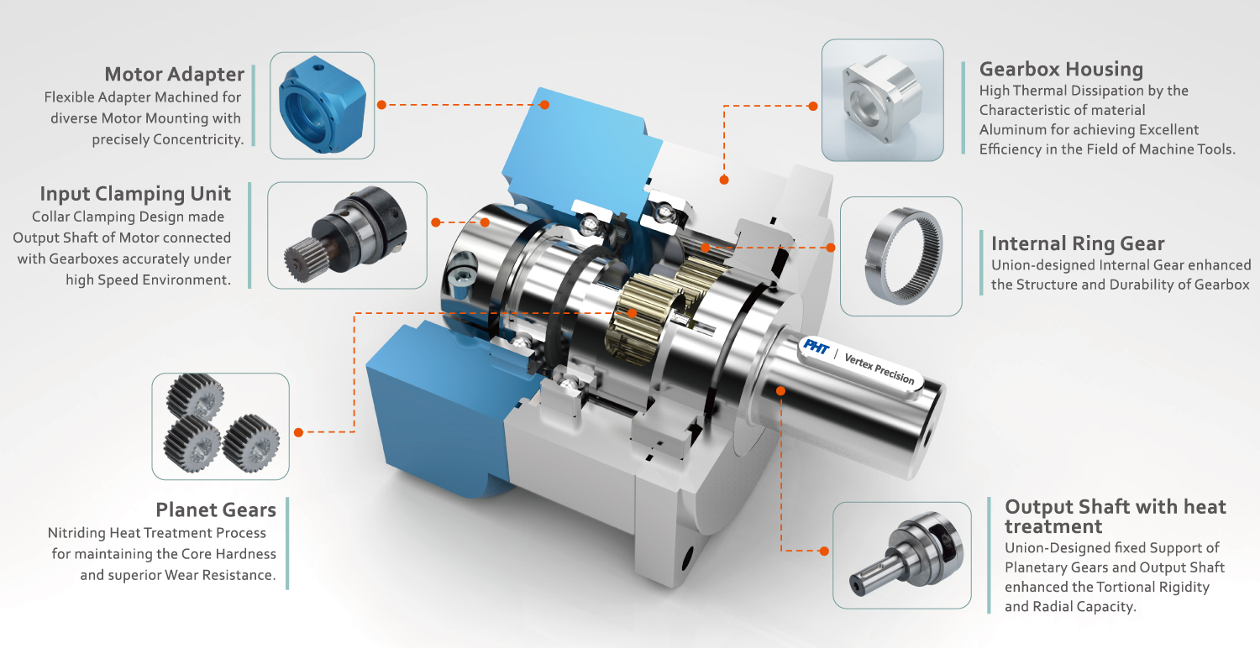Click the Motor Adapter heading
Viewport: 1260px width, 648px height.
coord(174,74)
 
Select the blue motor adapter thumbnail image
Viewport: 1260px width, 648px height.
coord(323,105)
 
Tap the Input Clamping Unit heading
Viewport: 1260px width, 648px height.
coord(135,194)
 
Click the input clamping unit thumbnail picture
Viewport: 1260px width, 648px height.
coord(347,235)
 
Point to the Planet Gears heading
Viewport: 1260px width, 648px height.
coord(215,510)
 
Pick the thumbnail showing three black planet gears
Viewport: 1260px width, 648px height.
coord(220,426)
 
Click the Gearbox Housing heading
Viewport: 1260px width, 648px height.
coord(1061,69)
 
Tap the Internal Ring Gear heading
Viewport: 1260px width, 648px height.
coord(1077,243)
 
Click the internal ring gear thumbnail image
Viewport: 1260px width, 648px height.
coord(900,256)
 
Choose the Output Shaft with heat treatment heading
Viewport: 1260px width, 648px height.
coord(1115,516)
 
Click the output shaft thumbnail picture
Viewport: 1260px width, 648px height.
coord(900,555)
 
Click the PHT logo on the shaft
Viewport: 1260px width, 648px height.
coord(815,346)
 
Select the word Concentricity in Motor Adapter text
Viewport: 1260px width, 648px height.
coord(197,139)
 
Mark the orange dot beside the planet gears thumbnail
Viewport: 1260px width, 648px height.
coord(298,432)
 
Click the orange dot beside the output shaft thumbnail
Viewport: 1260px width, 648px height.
coord(824,551)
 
